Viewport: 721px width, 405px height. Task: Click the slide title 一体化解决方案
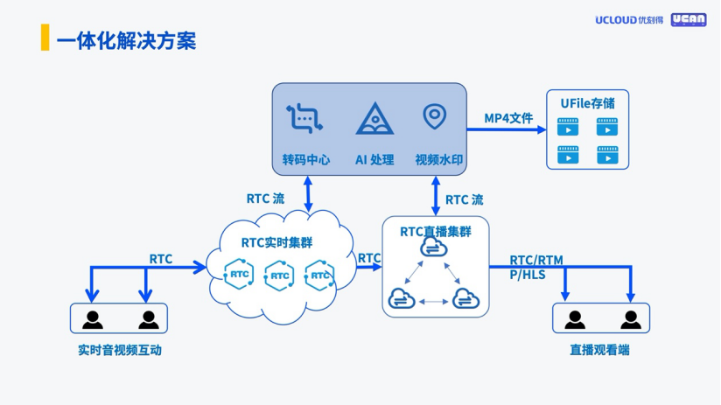pos(126,40)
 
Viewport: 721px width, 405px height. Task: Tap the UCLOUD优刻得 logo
pos(629,19)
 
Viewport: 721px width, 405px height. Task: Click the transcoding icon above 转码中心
pos(304,118)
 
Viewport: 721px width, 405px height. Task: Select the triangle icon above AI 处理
pos(374,118)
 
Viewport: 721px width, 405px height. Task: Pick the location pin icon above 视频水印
pos(434,115)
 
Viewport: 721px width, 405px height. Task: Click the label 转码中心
pos(305,160)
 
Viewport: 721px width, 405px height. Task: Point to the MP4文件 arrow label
pos(508,118)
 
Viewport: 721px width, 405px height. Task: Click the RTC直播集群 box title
pos(435,232)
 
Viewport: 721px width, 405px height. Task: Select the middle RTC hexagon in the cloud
pos(279,276)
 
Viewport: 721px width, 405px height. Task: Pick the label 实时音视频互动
pos(120,351)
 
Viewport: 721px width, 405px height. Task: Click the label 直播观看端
pos(599,351)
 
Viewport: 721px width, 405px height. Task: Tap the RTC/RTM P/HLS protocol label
pos(536,267)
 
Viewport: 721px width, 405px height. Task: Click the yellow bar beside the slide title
pos(45,39)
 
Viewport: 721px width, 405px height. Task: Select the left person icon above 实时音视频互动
pos(91,318)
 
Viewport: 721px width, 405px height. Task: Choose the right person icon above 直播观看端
pos(629,318)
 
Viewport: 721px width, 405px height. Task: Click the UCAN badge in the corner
pos(689,19)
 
